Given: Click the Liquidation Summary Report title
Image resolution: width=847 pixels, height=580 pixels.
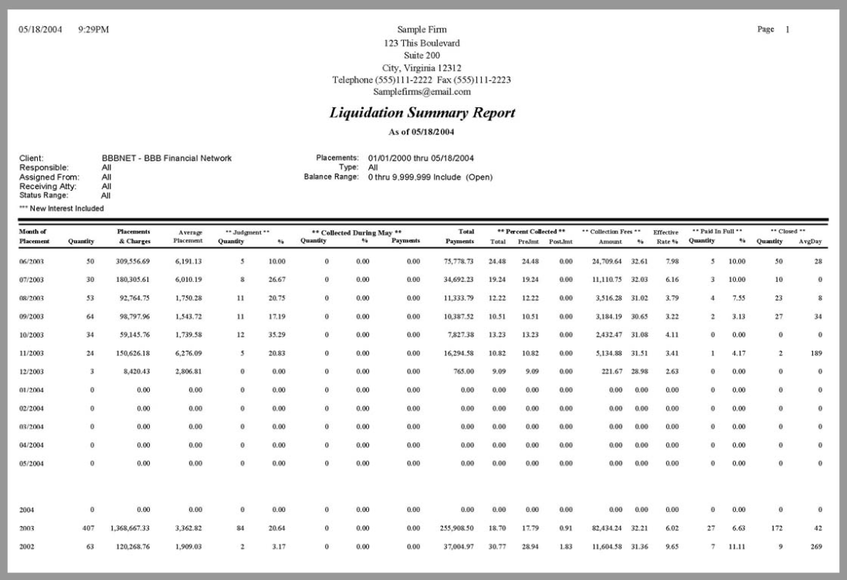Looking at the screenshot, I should click(422, 113).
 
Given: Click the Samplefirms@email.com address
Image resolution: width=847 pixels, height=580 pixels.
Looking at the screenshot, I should click(422, 91).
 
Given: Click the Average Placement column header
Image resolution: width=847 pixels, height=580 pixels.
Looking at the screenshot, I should click(189, 236).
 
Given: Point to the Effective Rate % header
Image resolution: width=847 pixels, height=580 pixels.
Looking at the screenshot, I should click(666, 236).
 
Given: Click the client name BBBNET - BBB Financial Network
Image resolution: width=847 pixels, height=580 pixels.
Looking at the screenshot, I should click(167, 158).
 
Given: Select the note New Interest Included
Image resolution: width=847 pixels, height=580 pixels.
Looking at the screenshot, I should click(62, 208).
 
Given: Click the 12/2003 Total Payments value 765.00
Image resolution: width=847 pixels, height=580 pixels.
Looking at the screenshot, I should click(464, 383).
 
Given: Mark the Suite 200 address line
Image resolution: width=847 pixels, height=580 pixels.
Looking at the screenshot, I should click(422, 56).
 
